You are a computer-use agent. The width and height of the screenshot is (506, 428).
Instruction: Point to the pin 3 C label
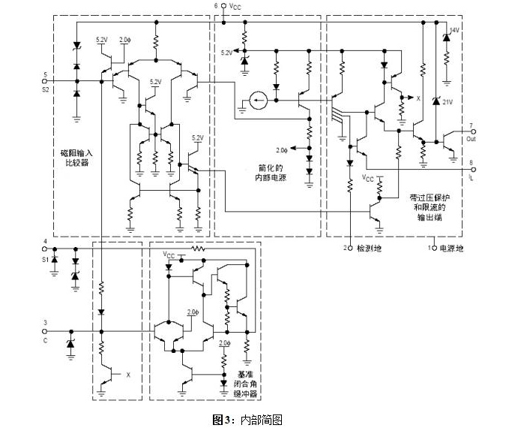point(46,335)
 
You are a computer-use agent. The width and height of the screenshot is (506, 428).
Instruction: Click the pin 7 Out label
point(470,134)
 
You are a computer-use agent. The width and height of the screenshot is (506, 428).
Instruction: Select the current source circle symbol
point(258,99)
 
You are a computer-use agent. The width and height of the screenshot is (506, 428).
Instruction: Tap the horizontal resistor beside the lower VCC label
point(198,247)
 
